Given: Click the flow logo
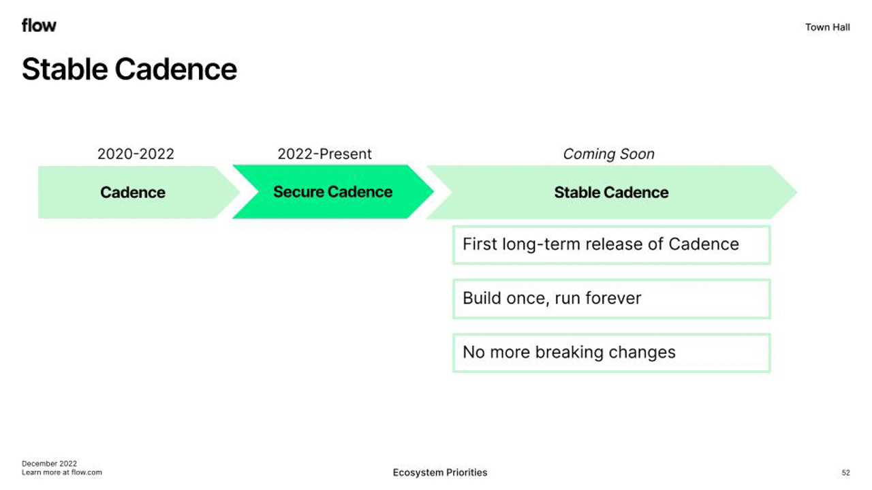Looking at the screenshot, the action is coord(39,25).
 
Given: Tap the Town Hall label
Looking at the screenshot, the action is coord(827,27).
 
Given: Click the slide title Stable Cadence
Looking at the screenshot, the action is coord(129,69).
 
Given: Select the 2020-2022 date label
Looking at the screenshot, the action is coord(136,154).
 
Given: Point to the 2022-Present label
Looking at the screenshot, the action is coord(325,154).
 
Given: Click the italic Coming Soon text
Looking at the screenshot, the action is coord(608,154).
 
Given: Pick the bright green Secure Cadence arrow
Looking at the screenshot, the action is coord(333,192).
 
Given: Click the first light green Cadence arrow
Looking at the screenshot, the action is coord(139,192).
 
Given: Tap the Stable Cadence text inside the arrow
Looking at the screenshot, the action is coord(611,193).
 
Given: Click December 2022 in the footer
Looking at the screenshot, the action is coord(50,463).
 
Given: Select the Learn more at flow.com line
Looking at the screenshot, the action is coord(62,472).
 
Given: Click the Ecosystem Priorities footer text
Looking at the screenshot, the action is coord(440,472).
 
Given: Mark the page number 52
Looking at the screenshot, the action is coord(846,473).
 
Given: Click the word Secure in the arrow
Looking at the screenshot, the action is coord(298,192).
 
